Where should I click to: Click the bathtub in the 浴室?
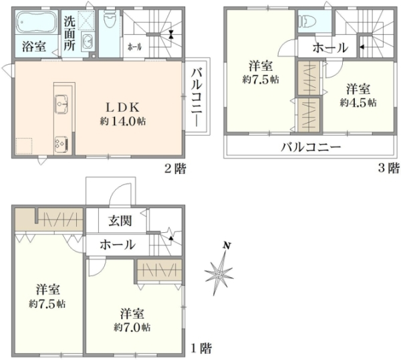pos(37,22)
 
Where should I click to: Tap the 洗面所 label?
pos(69,33)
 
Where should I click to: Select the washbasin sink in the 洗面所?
pos(88,41)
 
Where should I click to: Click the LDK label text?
pos(122,108)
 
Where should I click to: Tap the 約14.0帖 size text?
pos(123,121)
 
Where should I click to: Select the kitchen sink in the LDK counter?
pos(61,104)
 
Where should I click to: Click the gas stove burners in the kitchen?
pos(61,144)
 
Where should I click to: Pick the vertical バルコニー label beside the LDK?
pos(197,97)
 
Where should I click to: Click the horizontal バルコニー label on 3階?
pos(311,147)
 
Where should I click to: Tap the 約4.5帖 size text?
pos(358,102)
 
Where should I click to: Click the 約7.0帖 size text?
pos(132,327)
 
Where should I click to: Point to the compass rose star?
pos(219,274)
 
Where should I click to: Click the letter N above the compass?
pos(226,246)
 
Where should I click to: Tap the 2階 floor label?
pos(175,169)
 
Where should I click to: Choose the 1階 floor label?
pos(202,348)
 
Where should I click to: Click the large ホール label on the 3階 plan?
pos(330,48)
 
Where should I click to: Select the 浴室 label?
pos(34,47)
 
